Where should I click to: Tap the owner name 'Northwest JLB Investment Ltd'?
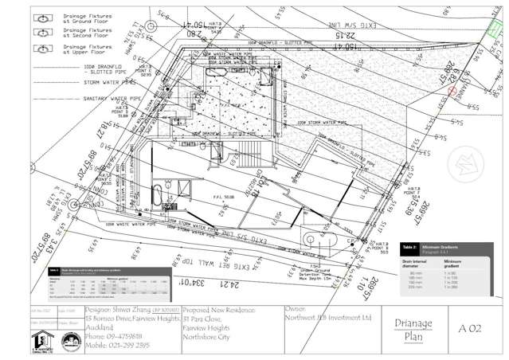click(x=328, y=316)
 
